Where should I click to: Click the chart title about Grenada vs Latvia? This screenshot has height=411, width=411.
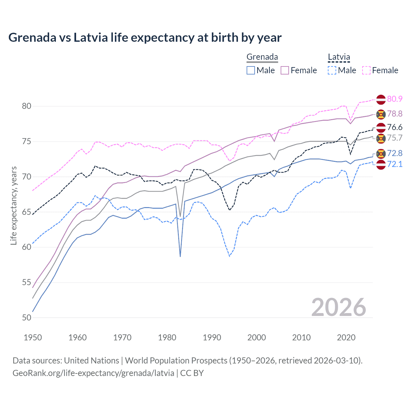145,38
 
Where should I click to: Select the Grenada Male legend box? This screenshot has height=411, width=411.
251,70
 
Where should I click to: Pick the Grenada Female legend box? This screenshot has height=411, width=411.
285,70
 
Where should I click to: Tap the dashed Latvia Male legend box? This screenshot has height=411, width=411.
332,70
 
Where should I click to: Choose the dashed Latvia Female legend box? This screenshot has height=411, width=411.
366,70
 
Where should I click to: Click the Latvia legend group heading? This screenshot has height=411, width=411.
339,57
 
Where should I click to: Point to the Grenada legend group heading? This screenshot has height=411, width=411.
262,57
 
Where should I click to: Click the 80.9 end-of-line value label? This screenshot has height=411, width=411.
395,99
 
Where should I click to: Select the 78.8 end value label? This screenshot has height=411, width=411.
395,114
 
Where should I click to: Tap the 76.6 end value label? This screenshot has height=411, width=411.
395,127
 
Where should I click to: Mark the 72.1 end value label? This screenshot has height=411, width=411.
395,164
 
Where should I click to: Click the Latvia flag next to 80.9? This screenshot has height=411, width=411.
381,100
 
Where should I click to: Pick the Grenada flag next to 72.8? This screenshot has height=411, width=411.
381,154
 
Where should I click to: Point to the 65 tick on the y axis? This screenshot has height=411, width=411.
27,212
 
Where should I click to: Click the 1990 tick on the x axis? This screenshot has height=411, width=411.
212,337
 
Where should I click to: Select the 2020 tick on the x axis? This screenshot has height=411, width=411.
346,337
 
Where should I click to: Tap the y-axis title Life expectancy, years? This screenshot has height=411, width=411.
13,205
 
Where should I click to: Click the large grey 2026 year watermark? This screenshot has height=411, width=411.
339,307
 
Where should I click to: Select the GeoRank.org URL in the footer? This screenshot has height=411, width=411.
93,373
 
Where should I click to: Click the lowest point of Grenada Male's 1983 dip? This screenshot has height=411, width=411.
180,256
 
